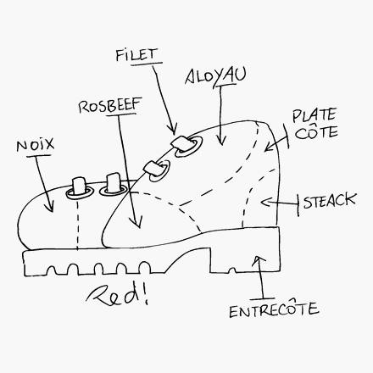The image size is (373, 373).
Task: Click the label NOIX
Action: click(x=36, y=146)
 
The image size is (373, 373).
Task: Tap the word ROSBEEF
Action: click(x=110, y=106)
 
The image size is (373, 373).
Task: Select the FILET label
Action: click(x=136, y=55)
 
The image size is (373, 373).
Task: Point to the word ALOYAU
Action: click(x=215, y=76)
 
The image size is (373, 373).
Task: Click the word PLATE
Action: click(x=314, y=115)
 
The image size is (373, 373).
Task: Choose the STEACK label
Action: click(x=330, y=201)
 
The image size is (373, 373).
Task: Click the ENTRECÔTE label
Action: click(x=274, y=309)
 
